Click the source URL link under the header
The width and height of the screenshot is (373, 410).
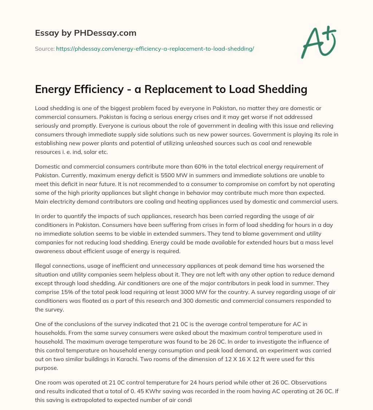click(x=155, y=49)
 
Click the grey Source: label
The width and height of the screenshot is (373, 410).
click(x=44, y=49)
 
